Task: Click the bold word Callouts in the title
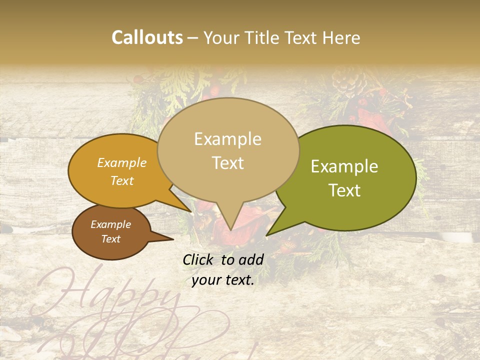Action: tap(147, 37)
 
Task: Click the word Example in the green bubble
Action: tap(344, 166)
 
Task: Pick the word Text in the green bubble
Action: tap(344, 190)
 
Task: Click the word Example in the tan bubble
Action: tap(227, 139)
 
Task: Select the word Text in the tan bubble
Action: tap(227, 163)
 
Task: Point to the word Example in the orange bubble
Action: tap(122, 162)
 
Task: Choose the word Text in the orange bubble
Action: tap(122, 180)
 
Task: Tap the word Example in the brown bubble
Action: tap(110, 224)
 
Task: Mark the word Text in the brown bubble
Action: tap(110, 239)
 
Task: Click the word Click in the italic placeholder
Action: tap(199, 259)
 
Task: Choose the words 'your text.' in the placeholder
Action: tap(223, 280)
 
